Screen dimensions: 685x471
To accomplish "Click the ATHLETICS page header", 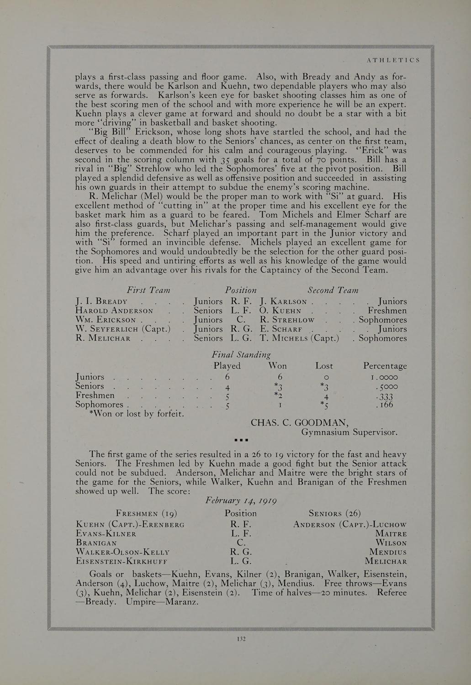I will [x=393, y=60].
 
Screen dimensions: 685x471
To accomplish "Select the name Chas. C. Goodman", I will [x=300, y=422].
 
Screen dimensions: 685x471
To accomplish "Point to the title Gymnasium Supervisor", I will [x=349, y=432].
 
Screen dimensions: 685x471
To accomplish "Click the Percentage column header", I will [x=385, y=366].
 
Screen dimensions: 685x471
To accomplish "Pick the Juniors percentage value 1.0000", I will [x=384, y=378].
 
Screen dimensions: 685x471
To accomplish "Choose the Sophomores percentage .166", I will [x=385, y=405].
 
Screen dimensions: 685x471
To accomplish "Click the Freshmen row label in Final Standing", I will [x=95, y=395].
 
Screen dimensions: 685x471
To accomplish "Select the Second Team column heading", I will [x=333, y=290].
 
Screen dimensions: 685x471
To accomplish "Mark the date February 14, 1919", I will [x=241, y=500].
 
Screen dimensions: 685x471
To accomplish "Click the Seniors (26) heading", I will [x=334, y=513].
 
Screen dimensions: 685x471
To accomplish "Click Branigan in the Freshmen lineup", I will [x=97, y=543].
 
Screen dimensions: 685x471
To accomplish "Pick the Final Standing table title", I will [x=241, y=355].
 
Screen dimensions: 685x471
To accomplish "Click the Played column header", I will [x=227, y=366].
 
